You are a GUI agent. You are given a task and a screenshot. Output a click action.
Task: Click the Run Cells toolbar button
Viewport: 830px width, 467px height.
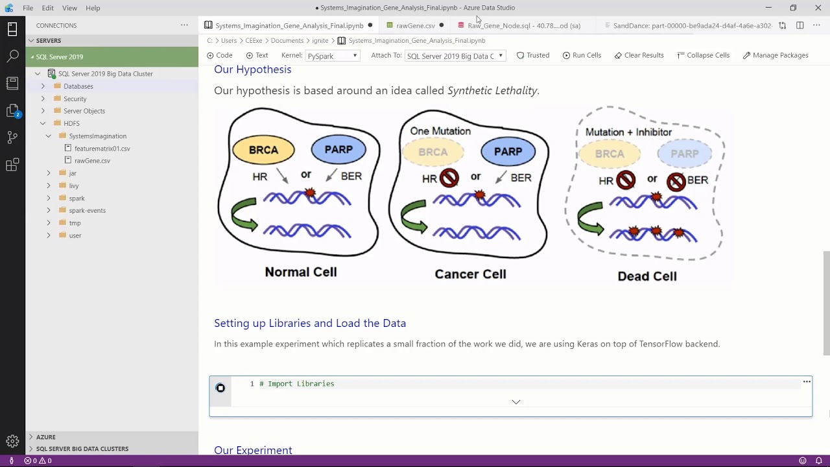pos(582,55)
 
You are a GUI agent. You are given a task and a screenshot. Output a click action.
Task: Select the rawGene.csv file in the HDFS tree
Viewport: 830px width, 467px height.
pos(92,160)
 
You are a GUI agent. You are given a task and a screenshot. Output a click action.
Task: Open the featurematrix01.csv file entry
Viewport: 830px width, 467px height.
pos(102,149)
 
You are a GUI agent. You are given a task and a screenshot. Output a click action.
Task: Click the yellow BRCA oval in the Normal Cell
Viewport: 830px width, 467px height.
pos(263,150)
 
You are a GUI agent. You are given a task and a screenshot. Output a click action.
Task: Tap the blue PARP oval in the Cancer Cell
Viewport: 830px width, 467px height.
pos(508,151)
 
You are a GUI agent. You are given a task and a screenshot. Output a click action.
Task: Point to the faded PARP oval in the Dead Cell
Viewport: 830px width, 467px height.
pos(684,154)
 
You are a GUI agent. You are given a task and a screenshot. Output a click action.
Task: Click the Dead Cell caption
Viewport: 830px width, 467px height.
pos(647,276)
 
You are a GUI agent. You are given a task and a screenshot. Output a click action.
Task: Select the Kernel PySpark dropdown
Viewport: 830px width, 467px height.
pos(333,56)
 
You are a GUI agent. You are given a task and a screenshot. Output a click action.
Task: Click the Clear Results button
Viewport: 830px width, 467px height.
pos(639,55)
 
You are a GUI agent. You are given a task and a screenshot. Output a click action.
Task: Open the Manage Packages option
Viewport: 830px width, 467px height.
pos(776,55)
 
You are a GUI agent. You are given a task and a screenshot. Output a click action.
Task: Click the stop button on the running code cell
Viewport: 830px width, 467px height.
pos(220,388)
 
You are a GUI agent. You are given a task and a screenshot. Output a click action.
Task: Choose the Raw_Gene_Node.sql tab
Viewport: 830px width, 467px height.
pos(519,25)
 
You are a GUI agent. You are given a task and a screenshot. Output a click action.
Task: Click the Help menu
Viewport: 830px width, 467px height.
pos(93,8)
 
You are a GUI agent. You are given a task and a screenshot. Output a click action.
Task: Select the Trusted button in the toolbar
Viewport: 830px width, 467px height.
pos(533,55)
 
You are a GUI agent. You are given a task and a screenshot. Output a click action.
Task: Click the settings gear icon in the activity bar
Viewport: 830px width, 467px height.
pos(12,440)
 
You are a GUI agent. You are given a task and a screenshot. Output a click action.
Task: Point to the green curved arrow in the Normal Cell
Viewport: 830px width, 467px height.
pos(244,215)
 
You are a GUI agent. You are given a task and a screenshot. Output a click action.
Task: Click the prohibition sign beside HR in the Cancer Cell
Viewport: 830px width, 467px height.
pos(449,178)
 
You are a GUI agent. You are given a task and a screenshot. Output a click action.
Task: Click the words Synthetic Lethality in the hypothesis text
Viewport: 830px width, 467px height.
pos(492,90)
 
